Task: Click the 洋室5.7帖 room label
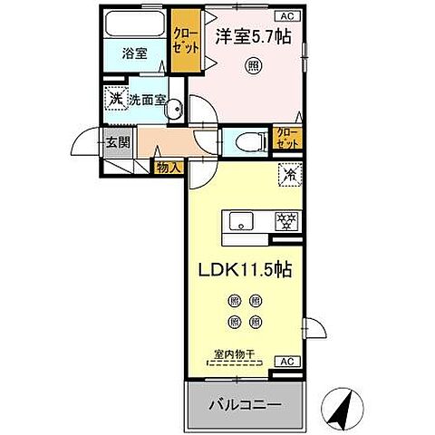(252, 37)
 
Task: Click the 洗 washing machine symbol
(116, 100)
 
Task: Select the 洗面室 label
(146, 101)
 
